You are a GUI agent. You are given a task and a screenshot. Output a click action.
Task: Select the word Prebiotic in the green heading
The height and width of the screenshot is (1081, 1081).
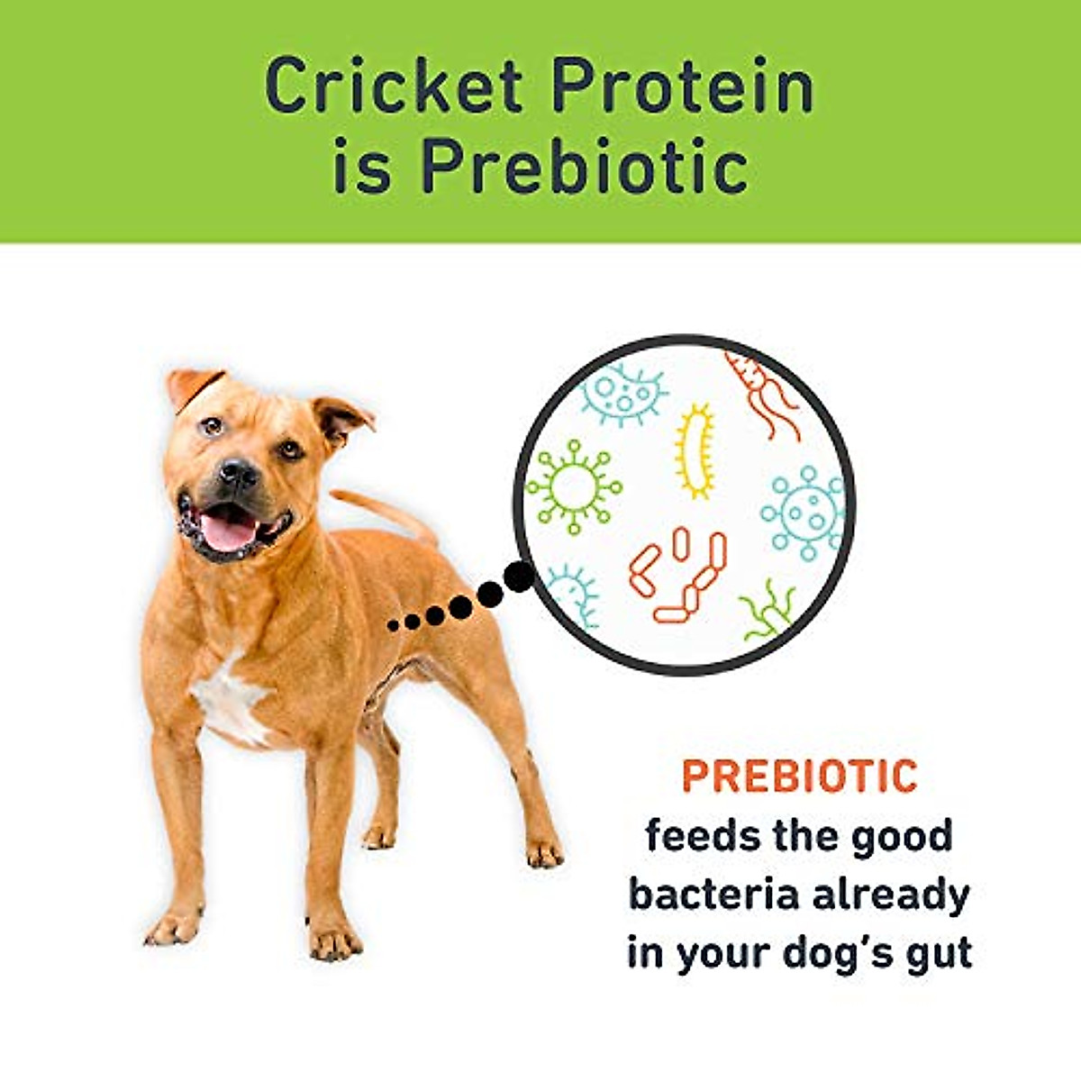(585, 168)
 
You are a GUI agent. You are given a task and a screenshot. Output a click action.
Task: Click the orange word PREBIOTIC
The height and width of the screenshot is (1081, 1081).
(799, 777)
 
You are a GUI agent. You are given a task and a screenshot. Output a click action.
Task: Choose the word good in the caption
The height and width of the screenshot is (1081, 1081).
(902, 838)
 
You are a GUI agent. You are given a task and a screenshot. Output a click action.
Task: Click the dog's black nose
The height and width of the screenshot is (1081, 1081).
(239, 470)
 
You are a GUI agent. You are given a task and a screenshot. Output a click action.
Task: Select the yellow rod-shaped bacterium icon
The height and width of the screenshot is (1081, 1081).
(695, 450)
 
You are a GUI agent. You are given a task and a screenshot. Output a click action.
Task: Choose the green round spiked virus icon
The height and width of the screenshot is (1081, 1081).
(574, 487)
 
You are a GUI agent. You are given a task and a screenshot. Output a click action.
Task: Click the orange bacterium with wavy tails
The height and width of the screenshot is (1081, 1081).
(761, 392)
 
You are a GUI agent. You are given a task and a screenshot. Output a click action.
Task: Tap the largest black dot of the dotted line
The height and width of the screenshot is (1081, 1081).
(518, 577)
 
